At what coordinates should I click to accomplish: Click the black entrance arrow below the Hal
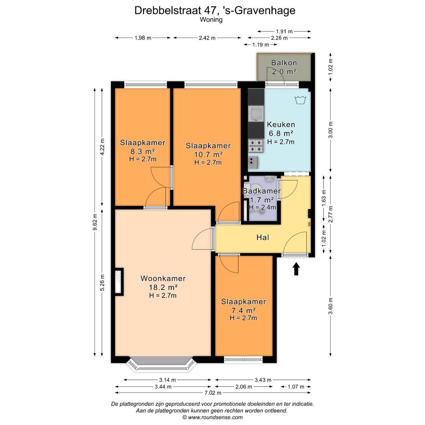[x=296, y=269]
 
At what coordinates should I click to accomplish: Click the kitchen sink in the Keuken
[x=256, y=114]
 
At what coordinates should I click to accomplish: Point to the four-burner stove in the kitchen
[x=256, y=146]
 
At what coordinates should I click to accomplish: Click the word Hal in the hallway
[x=263, y=237]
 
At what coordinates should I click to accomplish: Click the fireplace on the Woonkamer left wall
[x=118, y=281]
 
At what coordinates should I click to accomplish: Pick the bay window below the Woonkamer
[x=162, y=364]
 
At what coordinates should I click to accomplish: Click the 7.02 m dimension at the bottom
[x=213, y=393]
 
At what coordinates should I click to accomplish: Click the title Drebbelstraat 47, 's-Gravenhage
[x=215, y=10]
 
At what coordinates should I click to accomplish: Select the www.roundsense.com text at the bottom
[x=213, y=418]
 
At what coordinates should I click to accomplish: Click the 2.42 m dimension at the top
[x=207, y=38]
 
